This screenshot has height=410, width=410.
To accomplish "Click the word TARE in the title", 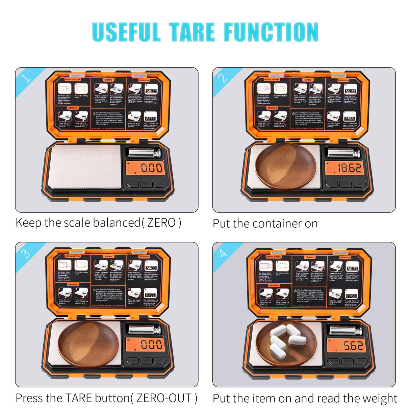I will [192, 32].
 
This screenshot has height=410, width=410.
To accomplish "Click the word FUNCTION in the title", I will [271, 32].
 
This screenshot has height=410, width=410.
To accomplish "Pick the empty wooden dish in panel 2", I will [285, 166].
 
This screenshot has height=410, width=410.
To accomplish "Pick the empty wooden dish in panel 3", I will [88, 344].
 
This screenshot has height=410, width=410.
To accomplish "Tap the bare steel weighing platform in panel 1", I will [84, 166].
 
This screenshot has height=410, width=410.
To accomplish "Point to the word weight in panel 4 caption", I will [379, 399].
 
